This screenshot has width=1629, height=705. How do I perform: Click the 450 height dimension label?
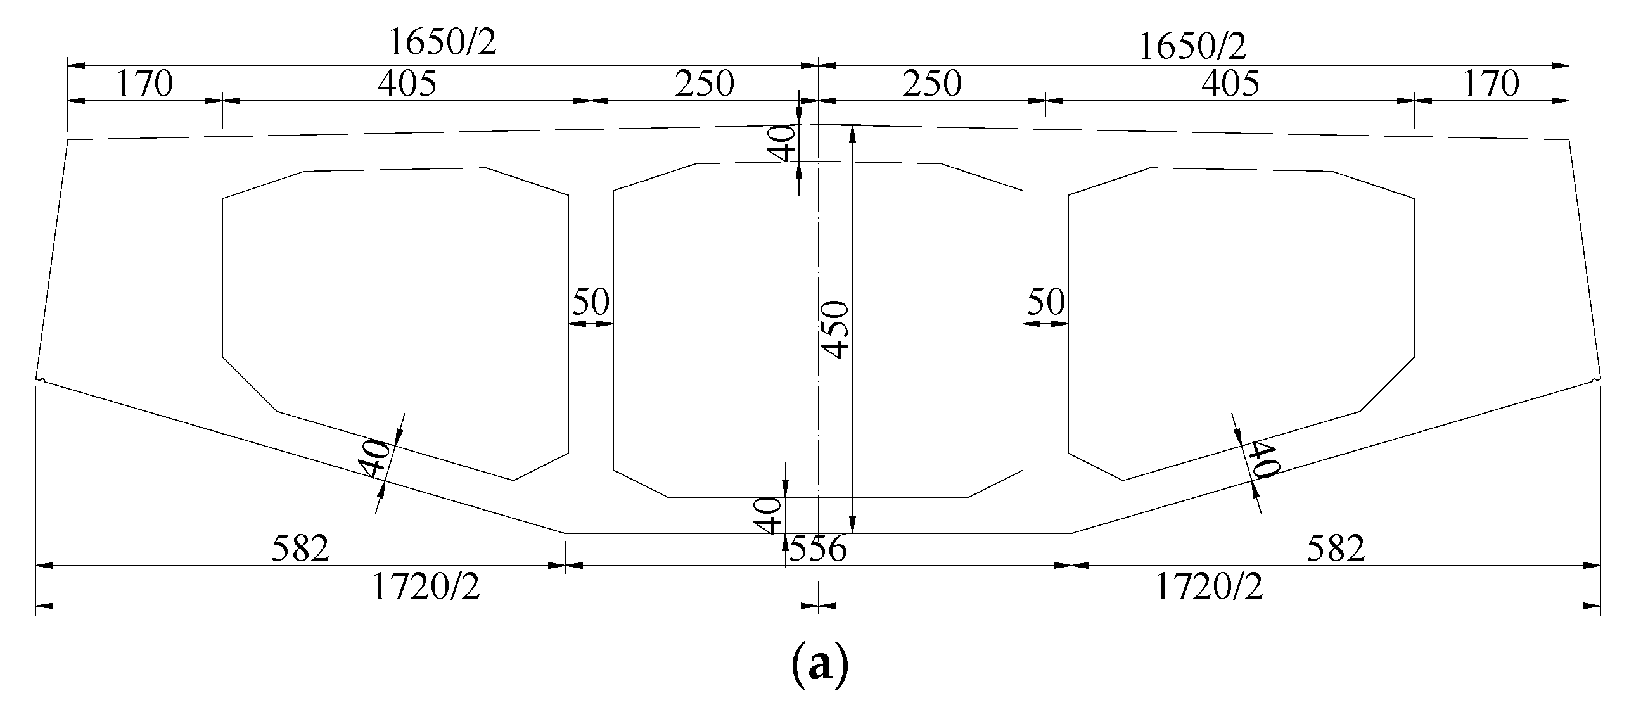coord(836,330)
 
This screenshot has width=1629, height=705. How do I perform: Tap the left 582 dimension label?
coord(301,549)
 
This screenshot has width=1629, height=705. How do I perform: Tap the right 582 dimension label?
coord(1336,549)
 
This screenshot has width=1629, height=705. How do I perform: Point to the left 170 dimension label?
coord(144,84)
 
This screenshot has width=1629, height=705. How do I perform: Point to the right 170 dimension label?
coord(1492,84)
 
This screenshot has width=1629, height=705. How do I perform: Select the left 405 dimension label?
coord(407,84)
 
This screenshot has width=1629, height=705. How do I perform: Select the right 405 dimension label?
coord(1230,84)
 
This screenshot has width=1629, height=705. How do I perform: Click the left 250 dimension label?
coord(704,84)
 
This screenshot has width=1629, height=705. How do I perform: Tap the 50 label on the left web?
coord(591,302)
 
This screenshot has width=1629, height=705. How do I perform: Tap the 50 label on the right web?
coord(1045,302)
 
